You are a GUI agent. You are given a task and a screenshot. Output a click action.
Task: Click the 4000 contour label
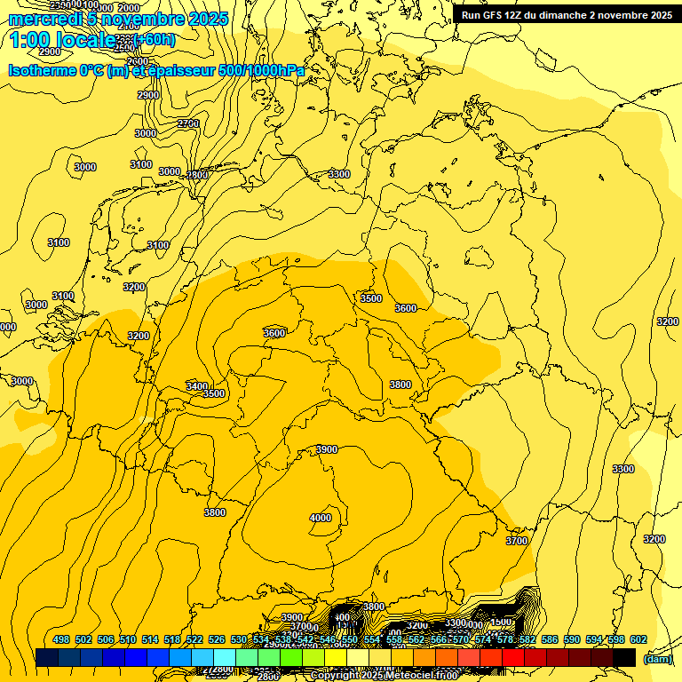(x=321, y=518)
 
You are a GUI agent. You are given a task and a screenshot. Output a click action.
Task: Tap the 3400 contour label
(x=197, y=386)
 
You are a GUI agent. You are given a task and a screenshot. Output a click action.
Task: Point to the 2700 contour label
(x=188, y=123)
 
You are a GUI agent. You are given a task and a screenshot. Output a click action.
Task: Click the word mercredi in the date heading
(x=47, y=19)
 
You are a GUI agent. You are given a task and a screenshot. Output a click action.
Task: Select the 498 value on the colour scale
(x=61, y=639)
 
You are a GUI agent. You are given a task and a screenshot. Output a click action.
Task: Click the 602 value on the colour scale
(x=638, y=639)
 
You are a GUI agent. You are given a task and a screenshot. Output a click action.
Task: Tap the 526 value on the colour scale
(x=217, y=639)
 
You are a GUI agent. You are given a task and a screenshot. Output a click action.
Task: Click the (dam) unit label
(x=658, y=658)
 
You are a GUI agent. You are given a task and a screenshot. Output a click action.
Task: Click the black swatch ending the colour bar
(x=624, y=657)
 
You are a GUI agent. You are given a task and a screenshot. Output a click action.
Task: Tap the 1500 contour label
(x=501, y=622)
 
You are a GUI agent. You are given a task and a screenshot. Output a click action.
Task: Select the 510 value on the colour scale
(x=128, y=639)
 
